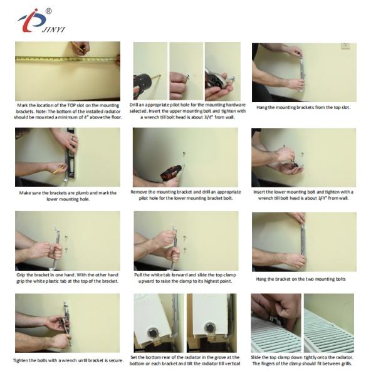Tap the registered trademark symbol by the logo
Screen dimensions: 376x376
coord(48,11)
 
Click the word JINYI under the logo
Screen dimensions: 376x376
coord(53,29)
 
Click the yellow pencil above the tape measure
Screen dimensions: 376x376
coord(78,47)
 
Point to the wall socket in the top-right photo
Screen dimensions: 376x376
coord(345,46)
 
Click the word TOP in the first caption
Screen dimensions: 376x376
coord(71,105)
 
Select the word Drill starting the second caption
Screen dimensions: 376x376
coord(134,105)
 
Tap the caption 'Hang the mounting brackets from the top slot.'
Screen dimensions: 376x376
coord(303,107)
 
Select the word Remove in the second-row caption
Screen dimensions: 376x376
coord(138,192)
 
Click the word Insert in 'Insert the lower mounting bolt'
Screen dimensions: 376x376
coord(258,192)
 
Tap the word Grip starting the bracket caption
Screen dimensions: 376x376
coord(21,275)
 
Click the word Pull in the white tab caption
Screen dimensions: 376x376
coord(138,275)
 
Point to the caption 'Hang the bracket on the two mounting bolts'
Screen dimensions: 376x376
coord(301,279)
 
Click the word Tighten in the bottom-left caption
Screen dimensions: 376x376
coord(21,360)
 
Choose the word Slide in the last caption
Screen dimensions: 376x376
coord(256,357)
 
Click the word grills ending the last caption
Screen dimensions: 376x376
coord(345,363)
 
